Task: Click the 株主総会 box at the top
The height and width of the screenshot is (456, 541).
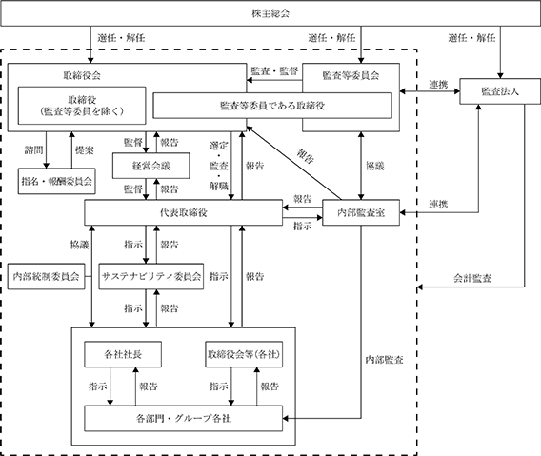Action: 270,13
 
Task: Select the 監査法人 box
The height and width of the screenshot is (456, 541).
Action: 500,91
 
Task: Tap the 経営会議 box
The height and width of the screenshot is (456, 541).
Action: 151,166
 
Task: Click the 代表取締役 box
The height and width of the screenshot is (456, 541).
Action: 184,213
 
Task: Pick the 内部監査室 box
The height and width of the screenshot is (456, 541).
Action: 361,213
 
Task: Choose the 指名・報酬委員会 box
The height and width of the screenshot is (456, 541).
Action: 56,181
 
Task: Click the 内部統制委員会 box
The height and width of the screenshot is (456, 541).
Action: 47,276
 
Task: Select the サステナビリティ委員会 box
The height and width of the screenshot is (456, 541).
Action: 151,276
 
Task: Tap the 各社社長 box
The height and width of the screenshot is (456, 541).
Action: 123,354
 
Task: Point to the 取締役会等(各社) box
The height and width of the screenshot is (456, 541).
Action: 244,354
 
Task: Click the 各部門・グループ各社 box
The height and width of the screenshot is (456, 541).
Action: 184,419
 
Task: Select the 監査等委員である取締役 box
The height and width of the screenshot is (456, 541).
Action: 272,106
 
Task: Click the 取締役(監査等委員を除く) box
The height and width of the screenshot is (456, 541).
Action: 82,106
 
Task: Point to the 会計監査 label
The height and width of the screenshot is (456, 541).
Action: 472,278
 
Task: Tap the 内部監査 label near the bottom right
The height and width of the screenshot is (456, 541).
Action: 385,360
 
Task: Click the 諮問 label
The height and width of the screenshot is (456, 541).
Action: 33,150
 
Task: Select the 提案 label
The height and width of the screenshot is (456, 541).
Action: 85,150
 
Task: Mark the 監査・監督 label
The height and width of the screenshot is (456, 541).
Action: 274,71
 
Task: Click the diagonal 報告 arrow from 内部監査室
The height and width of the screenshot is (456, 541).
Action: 294,163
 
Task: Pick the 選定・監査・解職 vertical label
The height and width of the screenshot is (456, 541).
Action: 219,166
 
